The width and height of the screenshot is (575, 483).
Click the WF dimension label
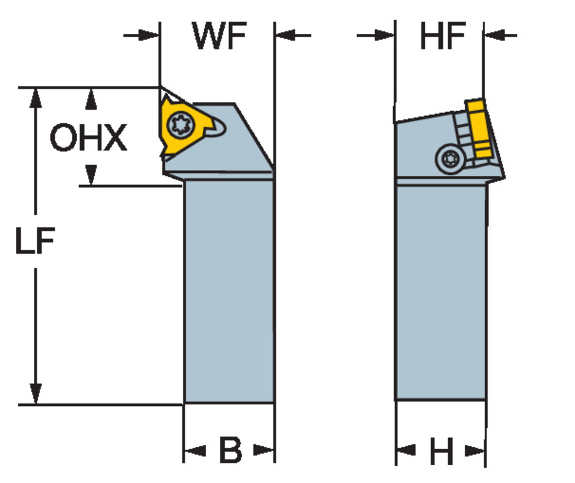point(219,36)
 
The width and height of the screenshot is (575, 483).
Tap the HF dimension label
point(443,36)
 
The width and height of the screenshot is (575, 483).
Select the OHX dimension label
point(88,137)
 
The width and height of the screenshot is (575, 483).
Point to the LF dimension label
point(35,241)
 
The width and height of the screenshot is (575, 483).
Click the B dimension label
point(230,450)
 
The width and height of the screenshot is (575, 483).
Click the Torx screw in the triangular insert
point(181,124)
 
